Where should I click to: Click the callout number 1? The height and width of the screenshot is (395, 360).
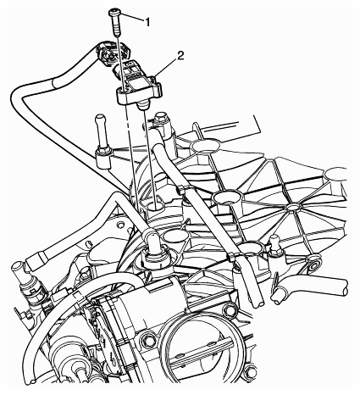point(147,22)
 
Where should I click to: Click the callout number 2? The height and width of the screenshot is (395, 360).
point(181,56)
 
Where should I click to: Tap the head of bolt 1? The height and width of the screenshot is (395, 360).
point(114,12)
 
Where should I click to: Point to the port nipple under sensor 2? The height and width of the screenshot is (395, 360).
point(143,106)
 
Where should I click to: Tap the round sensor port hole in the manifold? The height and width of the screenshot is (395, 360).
point(154,208)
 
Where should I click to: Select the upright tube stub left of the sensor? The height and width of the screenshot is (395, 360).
point(101,133)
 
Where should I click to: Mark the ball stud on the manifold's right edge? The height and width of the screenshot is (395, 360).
point(274,243)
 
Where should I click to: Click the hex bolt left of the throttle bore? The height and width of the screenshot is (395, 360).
point(146,340)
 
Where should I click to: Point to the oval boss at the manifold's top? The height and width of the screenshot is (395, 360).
point(205,147)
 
